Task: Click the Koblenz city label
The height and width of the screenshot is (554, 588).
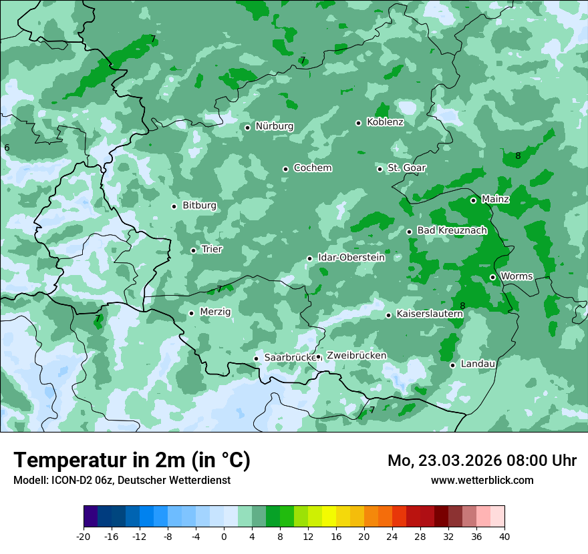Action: (x=385, y=122)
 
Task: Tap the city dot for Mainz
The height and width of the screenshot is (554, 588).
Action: (x=473, y=200)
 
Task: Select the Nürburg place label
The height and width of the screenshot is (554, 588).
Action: (x=274, y=126)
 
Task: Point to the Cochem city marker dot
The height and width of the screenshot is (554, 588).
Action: (x=285, y=169)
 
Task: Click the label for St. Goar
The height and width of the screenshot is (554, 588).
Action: (x=406, y=168)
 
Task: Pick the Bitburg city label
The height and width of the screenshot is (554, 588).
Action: (x=199, y=206)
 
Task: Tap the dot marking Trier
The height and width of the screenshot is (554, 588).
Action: (x=193, y=250)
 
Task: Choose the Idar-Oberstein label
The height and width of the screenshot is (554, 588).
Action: (x=351, y=257)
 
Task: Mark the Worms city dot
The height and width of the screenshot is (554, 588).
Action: (x=492, y=277)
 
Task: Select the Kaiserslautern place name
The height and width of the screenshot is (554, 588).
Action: (x=430, y=314)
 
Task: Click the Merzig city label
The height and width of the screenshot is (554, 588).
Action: (x=215, y=312)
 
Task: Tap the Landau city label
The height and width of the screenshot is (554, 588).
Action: (x=478, y=364)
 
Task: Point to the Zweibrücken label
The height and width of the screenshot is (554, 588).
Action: (x=356, y=356)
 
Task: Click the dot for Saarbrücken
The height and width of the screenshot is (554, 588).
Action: (x=256, y=358)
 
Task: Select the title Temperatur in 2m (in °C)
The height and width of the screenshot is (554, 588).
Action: (x=132, y=461)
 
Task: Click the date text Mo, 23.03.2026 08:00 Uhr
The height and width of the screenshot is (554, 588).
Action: (x=482, y=461)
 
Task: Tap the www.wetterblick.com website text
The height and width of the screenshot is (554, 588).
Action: (x=482, y=480)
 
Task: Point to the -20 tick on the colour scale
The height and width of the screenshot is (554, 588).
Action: (x=84, y=536)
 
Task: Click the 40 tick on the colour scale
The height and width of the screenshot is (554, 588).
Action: (x=504, y=536)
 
